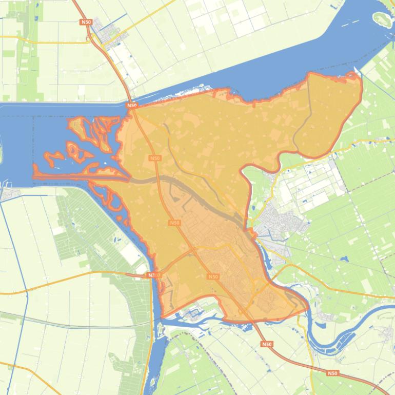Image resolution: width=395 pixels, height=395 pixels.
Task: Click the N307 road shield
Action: click(153, 275)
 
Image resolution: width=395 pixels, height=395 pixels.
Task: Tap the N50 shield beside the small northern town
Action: click(85, 23)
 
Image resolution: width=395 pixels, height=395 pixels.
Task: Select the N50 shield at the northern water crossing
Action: click(132, 105)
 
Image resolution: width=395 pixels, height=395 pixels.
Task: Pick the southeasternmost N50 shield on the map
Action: click(332, 373)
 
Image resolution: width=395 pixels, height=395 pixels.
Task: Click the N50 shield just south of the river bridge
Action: click(266, 344)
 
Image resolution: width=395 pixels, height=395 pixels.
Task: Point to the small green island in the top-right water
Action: click(382, 19)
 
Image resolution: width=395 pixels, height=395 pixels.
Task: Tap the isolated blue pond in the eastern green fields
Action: click(343, 259)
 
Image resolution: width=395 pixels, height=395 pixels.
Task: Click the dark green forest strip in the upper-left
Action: click(28, 56)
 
